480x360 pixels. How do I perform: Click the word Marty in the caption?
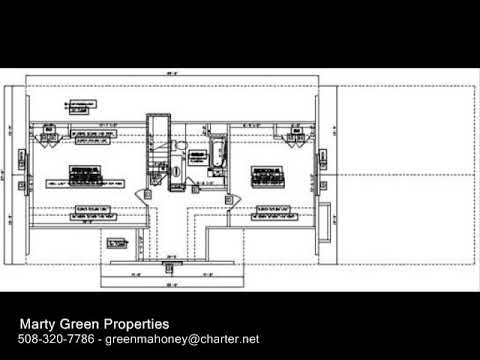[x=40, y=324]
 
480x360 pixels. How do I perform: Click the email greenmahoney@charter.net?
[x=182, y=340]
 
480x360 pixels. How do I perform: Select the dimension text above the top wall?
[x=172, y=75]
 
